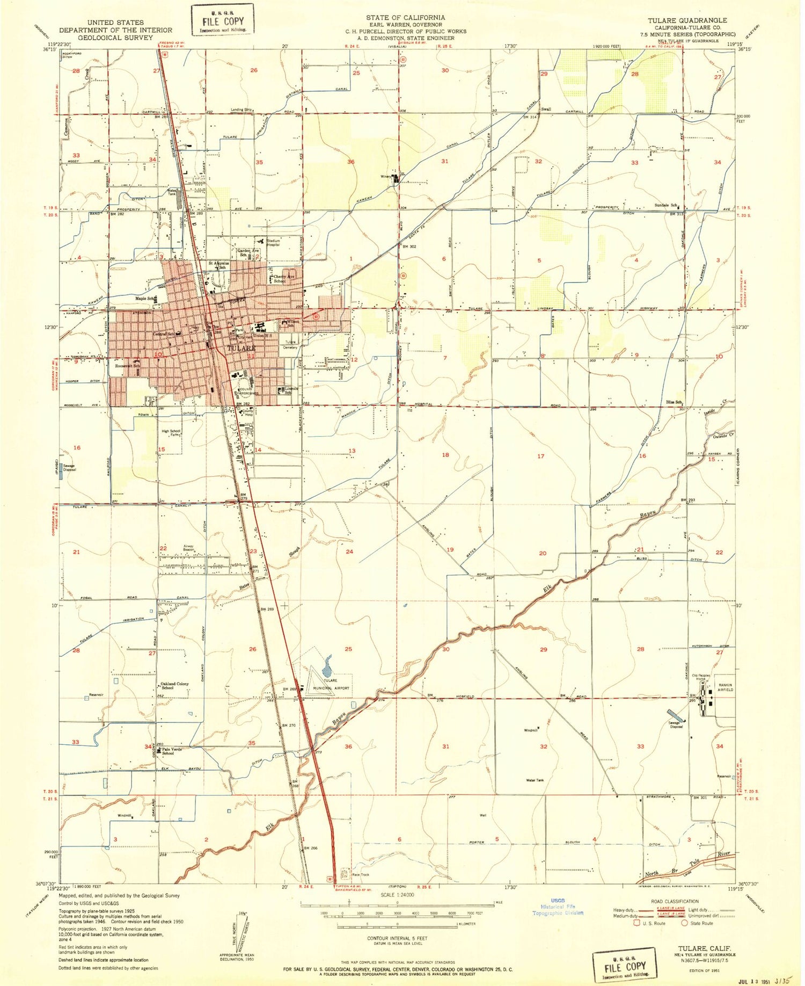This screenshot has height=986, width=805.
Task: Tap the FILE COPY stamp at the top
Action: tap(223, 21)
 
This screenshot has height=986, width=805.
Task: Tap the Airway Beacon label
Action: tap(188, 548)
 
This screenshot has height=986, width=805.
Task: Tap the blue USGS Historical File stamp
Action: tap(558, 906)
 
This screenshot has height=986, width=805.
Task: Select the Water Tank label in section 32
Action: tap(535, 780)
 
